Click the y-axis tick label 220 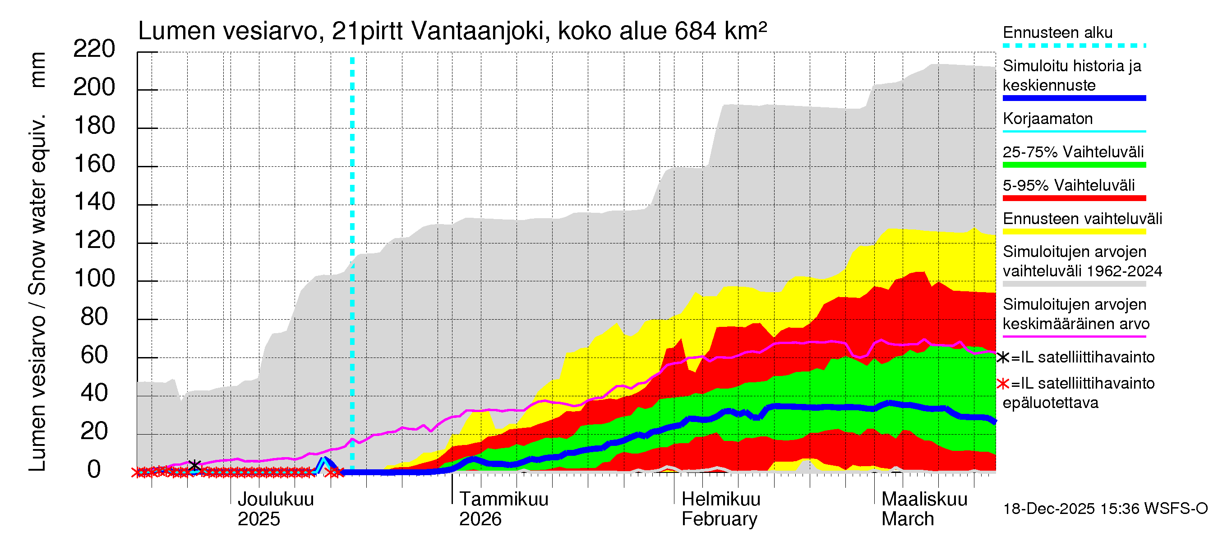[94, 49]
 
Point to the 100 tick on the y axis [95, 278]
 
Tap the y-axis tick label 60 [95, 355]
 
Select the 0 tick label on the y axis [94, 470]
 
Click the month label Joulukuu [275, 500]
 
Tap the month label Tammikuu [503, 500]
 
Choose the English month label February [719, 519]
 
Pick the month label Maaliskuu [924, 500]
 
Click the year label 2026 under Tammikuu [480, 519]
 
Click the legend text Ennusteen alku [1058, 32]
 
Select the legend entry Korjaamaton [1048, 119]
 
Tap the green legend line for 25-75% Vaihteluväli [1074, 165]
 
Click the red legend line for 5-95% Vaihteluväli [1074, 198]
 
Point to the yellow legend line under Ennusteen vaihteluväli [1074, 232]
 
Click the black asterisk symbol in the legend [1002, 358]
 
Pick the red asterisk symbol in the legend [1002, 384]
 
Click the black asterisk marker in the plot [194, 465]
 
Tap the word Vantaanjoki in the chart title [480, 31]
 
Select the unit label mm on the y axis [38, 70]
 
